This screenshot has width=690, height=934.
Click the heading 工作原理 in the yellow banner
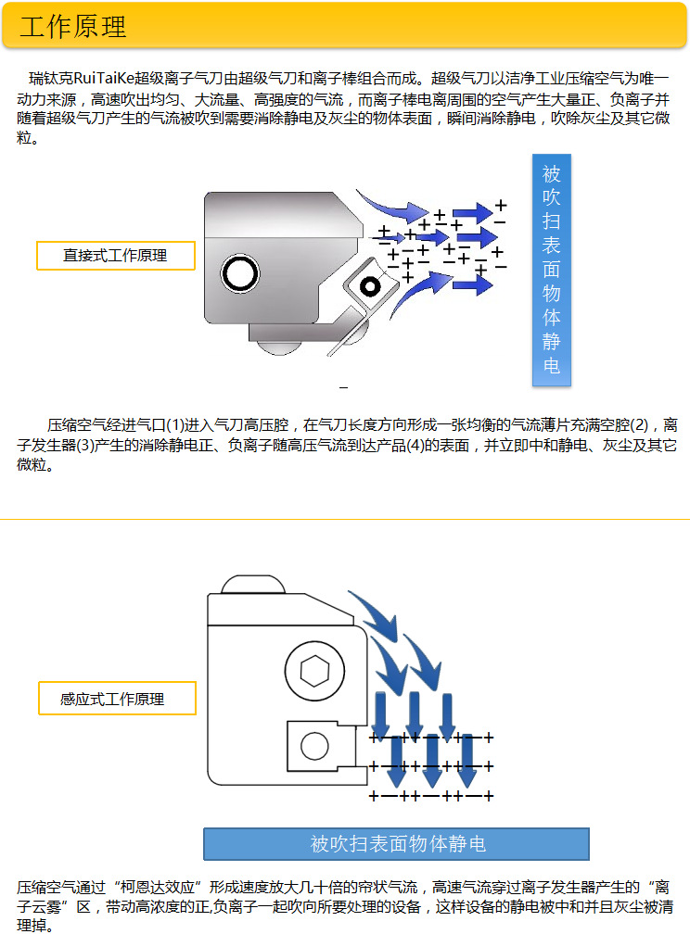click(x=73, y=27)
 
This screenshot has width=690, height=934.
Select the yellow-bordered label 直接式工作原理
click(x=115, y=256)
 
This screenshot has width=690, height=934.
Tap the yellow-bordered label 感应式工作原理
click(x=116, y=700)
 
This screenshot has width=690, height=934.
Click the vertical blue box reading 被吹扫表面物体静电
click(x=552, y=269)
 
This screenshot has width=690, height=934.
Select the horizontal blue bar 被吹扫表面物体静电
click(x=396, y=844)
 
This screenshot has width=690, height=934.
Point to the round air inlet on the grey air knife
click(x=239, y=273)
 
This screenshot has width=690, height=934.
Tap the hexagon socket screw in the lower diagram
click(x=306, y=669)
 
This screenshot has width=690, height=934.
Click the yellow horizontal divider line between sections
click(x=345, y=520)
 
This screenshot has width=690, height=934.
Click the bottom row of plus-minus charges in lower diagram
click(x=431, y=796)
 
